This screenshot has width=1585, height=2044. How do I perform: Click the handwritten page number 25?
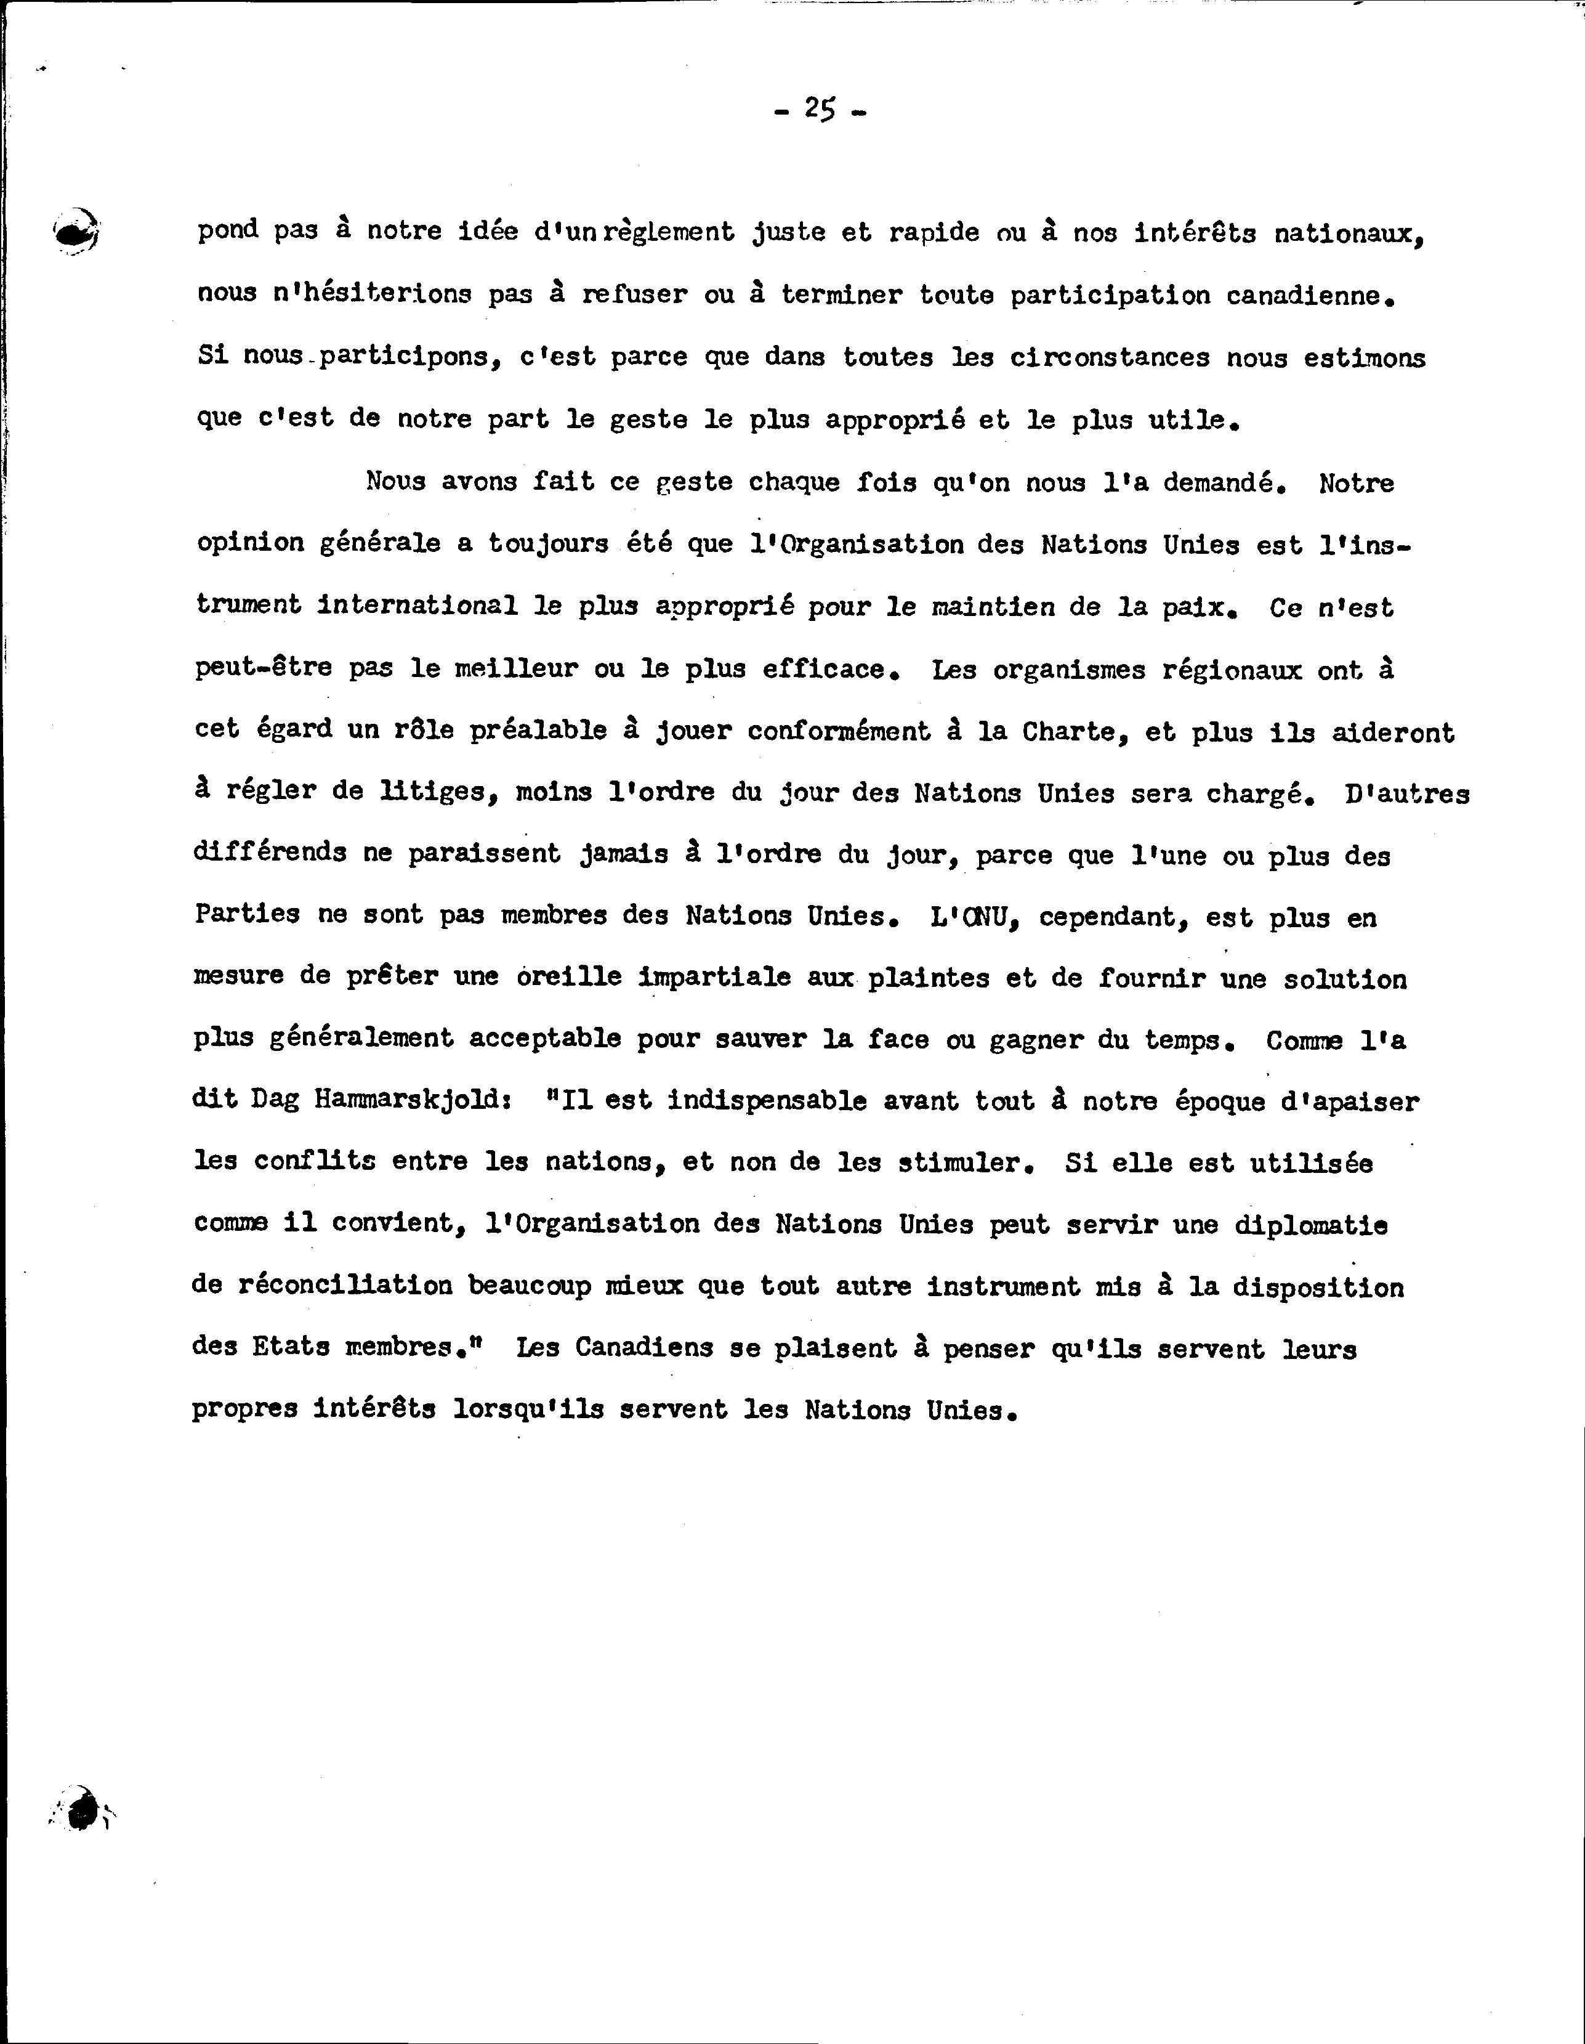tap(818, 112)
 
